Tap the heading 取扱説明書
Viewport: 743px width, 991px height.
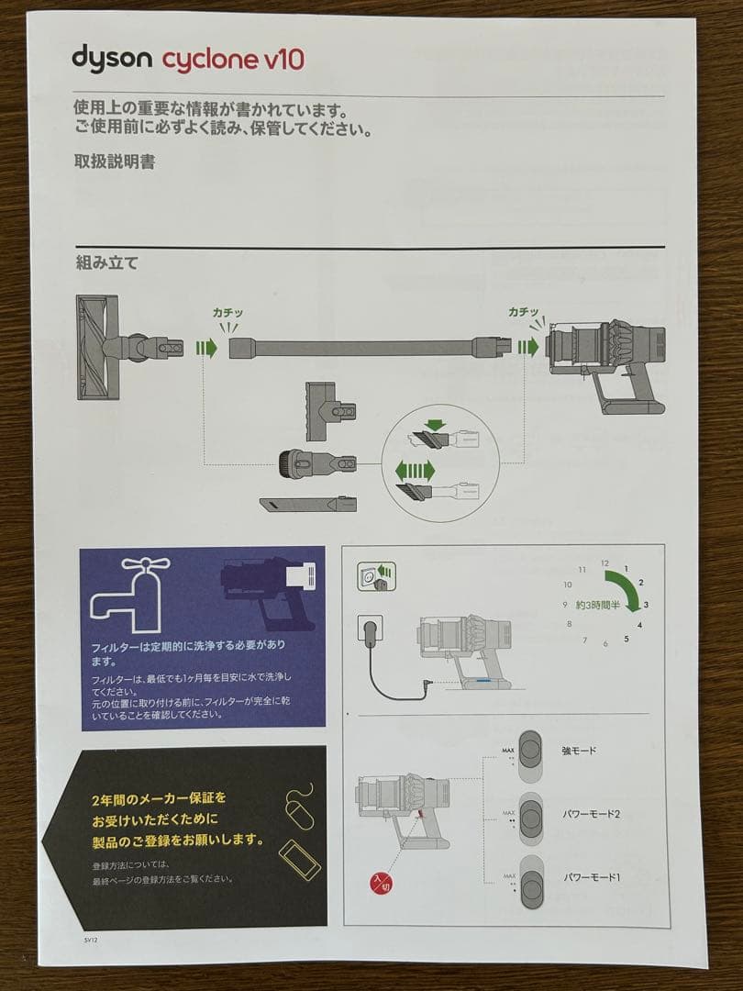pos(114,161)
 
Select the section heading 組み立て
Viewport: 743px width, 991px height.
pos(106,263)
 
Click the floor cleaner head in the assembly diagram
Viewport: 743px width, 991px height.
pos(99,347)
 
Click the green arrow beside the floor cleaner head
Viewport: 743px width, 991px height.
pos(206,349)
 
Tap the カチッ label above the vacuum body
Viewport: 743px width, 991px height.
pos(524,312)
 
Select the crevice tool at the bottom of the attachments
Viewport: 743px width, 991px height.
pos(306,505)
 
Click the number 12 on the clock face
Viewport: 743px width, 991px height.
pos(604,562)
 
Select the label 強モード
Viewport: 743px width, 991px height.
pos(579,751)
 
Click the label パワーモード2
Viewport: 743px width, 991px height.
pos(592,814)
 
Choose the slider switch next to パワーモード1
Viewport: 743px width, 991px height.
pos(531,884)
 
